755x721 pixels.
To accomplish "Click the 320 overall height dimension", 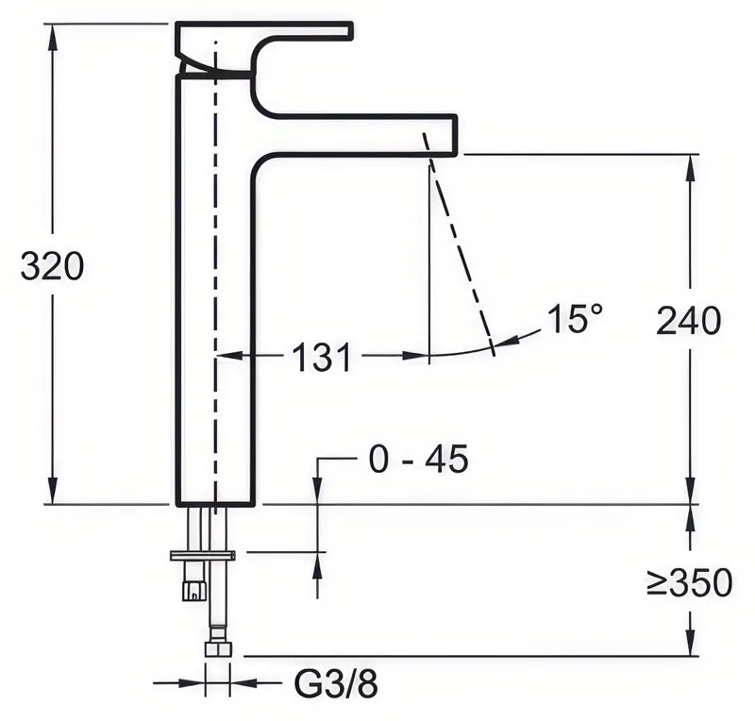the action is coord(52,266).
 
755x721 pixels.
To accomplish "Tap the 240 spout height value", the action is coord(689,321).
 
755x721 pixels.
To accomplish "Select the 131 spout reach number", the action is coord(322,357).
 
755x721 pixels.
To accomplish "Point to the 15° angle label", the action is coord(575,318).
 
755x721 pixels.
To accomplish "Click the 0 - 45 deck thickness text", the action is coord(418,459).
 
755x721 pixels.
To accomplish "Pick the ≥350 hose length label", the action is coord(689,582).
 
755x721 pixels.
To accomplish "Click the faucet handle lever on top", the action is coord(264,48).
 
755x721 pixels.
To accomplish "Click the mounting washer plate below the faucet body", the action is coord(203,556).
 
